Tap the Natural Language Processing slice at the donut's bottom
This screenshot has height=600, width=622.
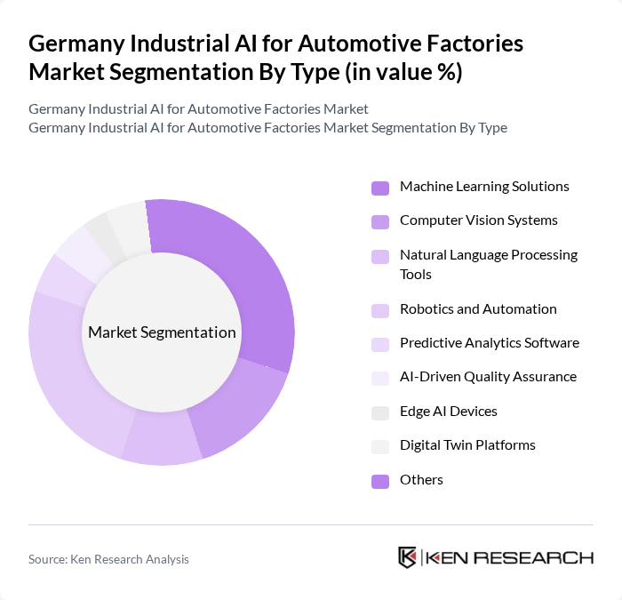pyautogui.click(x=162, y=439)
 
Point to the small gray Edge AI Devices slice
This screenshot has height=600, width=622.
pyautogui.click(x=100, y=234)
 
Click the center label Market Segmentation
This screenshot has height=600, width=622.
pyautogui.click(x=162, y=332)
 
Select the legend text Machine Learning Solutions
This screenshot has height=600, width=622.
pyautogui.click(x=484, y=187)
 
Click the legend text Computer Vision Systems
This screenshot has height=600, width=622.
pyautogui.click(x=479, y=220)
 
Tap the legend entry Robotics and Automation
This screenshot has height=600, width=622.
pyautogui.click(x=478, y=309)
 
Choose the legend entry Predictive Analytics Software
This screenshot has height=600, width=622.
pyautogui.click(x=489, y=343)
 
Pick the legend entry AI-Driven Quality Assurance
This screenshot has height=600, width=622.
pyautogui.click(x=488, y=377)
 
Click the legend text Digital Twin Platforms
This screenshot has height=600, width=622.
pyautogui.click(x=467, y=444)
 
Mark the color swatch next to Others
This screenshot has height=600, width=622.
pyautogui.click(x=380, y=481)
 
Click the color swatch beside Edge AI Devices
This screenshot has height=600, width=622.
pyautogui.click(x=380, y=412)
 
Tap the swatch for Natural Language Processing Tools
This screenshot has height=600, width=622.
pyautogui.click(x=380, y=257)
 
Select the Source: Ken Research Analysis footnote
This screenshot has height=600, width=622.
pyautogui.click(x=108, y=559)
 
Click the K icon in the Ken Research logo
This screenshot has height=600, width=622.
pyautogui.click(x=407, y=557)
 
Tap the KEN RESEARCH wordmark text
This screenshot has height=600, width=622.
pyautogui.click(x=510, y=558)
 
